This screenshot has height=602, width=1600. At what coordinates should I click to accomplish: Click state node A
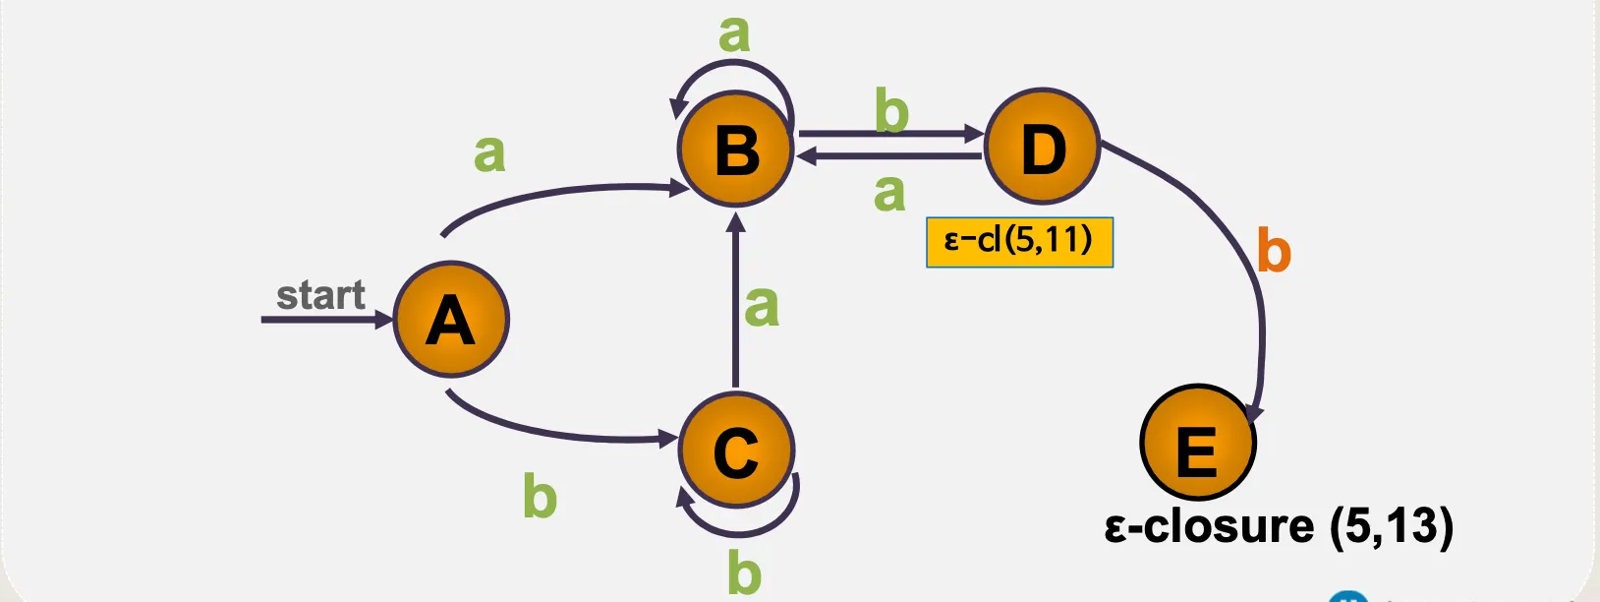point(451,320)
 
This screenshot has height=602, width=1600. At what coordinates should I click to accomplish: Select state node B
point(736,150)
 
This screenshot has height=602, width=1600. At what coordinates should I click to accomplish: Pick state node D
point(1042,148)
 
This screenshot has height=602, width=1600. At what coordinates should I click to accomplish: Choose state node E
point(1197,444)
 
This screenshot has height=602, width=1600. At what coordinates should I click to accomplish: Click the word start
point(320,295)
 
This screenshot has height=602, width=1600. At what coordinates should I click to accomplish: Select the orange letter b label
point(1274,252)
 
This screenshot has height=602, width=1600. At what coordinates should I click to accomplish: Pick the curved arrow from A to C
point(560,432)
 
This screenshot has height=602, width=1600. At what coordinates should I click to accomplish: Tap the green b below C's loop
point(744,572)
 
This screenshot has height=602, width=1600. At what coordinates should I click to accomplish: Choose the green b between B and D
point(891,110)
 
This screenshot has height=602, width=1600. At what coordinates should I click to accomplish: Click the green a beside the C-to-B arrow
point(762,306)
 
